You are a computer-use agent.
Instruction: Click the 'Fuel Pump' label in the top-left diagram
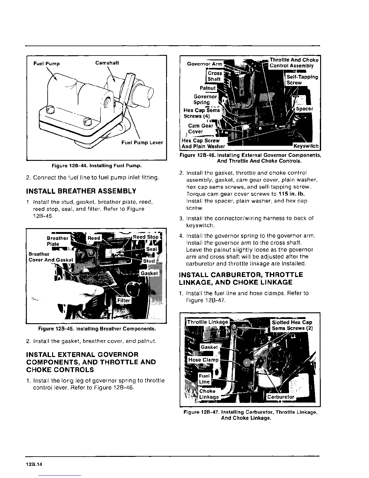46,64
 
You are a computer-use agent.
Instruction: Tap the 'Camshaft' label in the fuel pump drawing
107,63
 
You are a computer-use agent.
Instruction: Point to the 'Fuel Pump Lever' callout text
142,142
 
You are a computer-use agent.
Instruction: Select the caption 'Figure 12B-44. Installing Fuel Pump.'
96,166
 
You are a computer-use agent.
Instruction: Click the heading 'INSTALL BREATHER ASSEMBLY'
81,191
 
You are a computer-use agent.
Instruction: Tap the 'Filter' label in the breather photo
124,301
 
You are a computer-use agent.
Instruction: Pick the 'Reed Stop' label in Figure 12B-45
146,237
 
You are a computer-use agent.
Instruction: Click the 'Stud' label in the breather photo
149,261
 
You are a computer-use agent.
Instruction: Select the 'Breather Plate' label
57,241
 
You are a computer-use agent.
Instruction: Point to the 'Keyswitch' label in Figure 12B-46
306,146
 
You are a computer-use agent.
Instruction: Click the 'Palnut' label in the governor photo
208,88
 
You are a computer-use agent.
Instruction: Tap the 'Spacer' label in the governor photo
304,109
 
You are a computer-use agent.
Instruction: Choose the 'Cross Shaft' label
215,76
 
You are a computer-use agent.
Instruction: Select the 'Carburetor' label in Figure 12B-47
281,397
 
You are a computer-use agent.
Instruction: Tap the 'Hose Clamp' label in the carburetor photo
203,360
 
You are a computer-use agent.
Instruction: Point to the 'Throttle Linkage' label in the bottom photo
207,322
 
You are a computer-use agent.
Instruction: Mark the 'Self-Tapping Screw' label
302,80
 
